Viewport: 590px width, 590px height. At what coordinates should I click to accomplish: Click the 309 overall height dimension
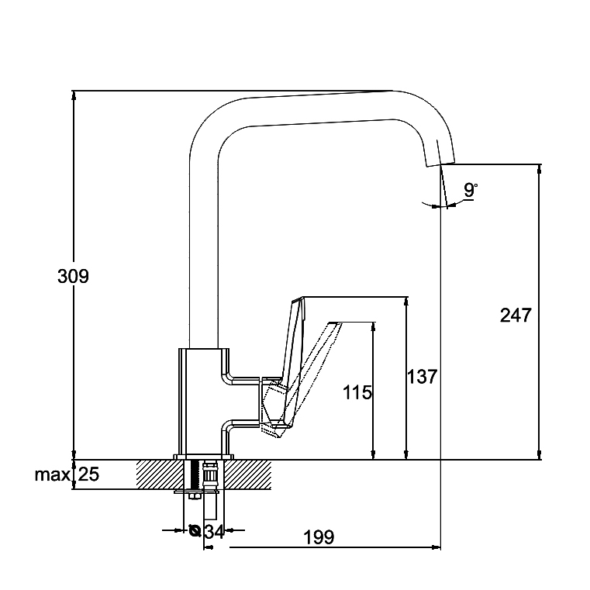(x=73, y=276)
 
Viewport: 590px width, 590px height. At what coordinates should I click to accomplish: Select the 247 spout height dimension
(x=516, y=316)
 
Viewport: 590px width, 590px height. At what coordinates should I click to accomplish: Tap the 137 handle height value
(x=422, y=377)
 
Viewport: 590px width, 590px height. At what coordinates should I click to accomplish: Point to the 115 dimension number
(x=357, y=392)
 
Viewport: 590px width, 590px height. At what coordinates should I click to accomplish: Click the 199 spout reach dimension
(x=319, y=537)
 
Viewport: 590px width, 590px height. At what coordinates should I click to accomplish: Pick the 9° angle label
(x=471, y=189)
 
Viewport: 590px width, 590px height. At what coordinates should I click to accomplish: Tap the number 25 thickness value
(x=88, y=474)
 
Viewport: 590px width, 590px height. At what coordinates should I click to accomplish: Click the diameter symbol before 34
(x=195, y=531)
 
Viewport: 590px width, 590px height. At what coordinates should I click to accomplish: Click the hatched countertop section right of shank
(x=250, y=474)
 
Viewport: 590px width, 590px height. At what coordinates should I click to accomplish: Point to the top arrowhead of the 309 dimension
(x=73, y=95)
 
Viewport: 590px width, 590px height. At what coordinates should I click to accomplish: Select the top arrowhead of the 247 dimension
(x=540, y=168)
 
